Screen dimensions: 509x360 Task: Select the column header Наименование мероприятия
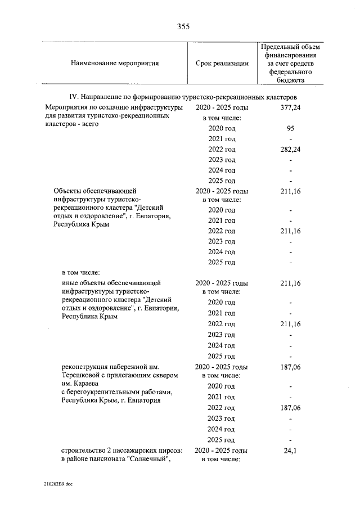tap(114, 64)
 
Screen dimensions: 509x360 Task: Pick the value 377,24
tap(290, 107)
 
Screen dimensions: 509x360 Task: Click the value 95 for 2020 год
tap(290, 128)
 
